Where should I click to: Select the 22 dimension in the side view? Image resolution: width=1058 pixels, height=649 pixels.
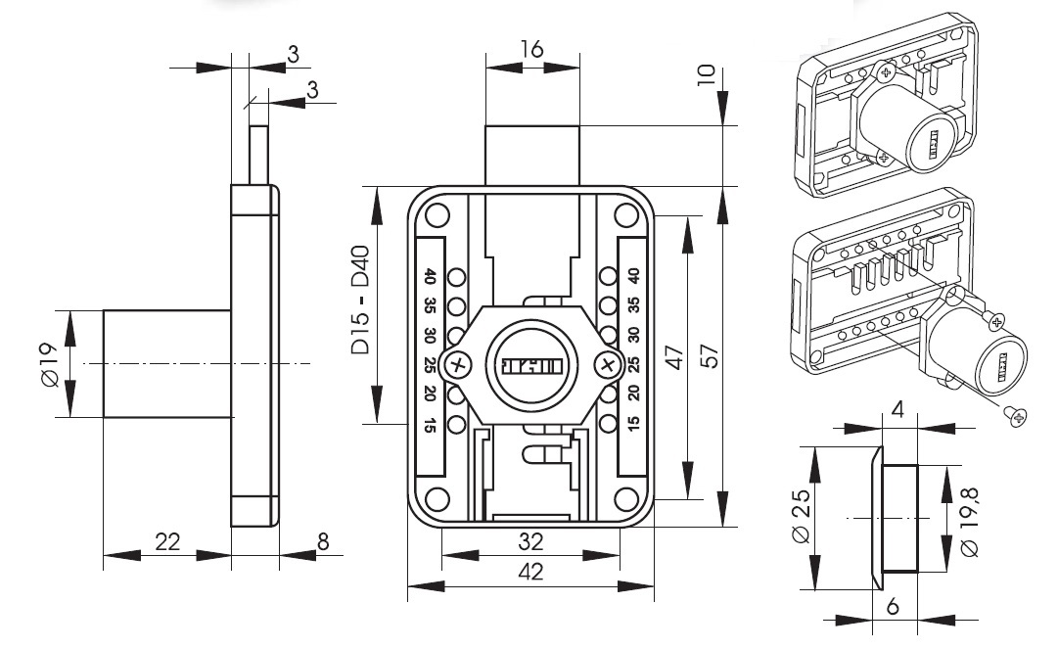pos(168,541)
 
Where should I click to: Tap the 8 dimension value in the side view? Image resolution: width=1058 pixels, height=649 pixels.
pos(324,541)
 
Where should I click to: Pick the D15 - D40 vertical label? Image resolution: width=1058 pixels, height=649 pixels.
pos(359,301)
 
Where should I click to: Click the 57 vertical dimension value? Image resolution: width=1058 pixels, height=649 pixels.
pos(712,356)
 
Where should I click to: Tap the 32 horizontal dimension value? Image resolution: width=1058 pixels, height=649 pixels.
pos(530,540)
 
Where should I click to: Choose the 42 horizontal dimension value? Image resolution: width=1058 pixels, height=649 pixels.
pos(530,571)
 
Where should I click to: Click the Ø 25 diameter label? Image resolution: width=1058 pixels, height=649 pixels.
pos(800,516)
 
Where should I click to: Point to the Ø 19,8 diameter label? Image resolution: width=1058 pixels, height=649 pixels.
pos(972,523)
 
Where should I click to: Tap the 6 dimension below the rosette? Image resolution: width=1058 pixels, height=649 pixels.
pos(893,607)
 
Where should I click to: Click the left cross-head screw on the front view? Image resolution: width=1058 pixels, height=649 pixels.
pos(456,366)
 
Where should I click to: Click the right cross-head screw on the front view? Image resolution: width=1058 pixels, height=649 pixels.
pos(607,366)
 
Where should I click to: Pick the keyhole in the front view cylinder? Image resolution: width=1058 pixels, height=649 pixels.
pos(530,366)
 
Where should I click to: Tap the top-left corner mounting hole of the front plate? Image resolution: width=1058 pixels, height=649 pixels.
pos(437,214)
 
